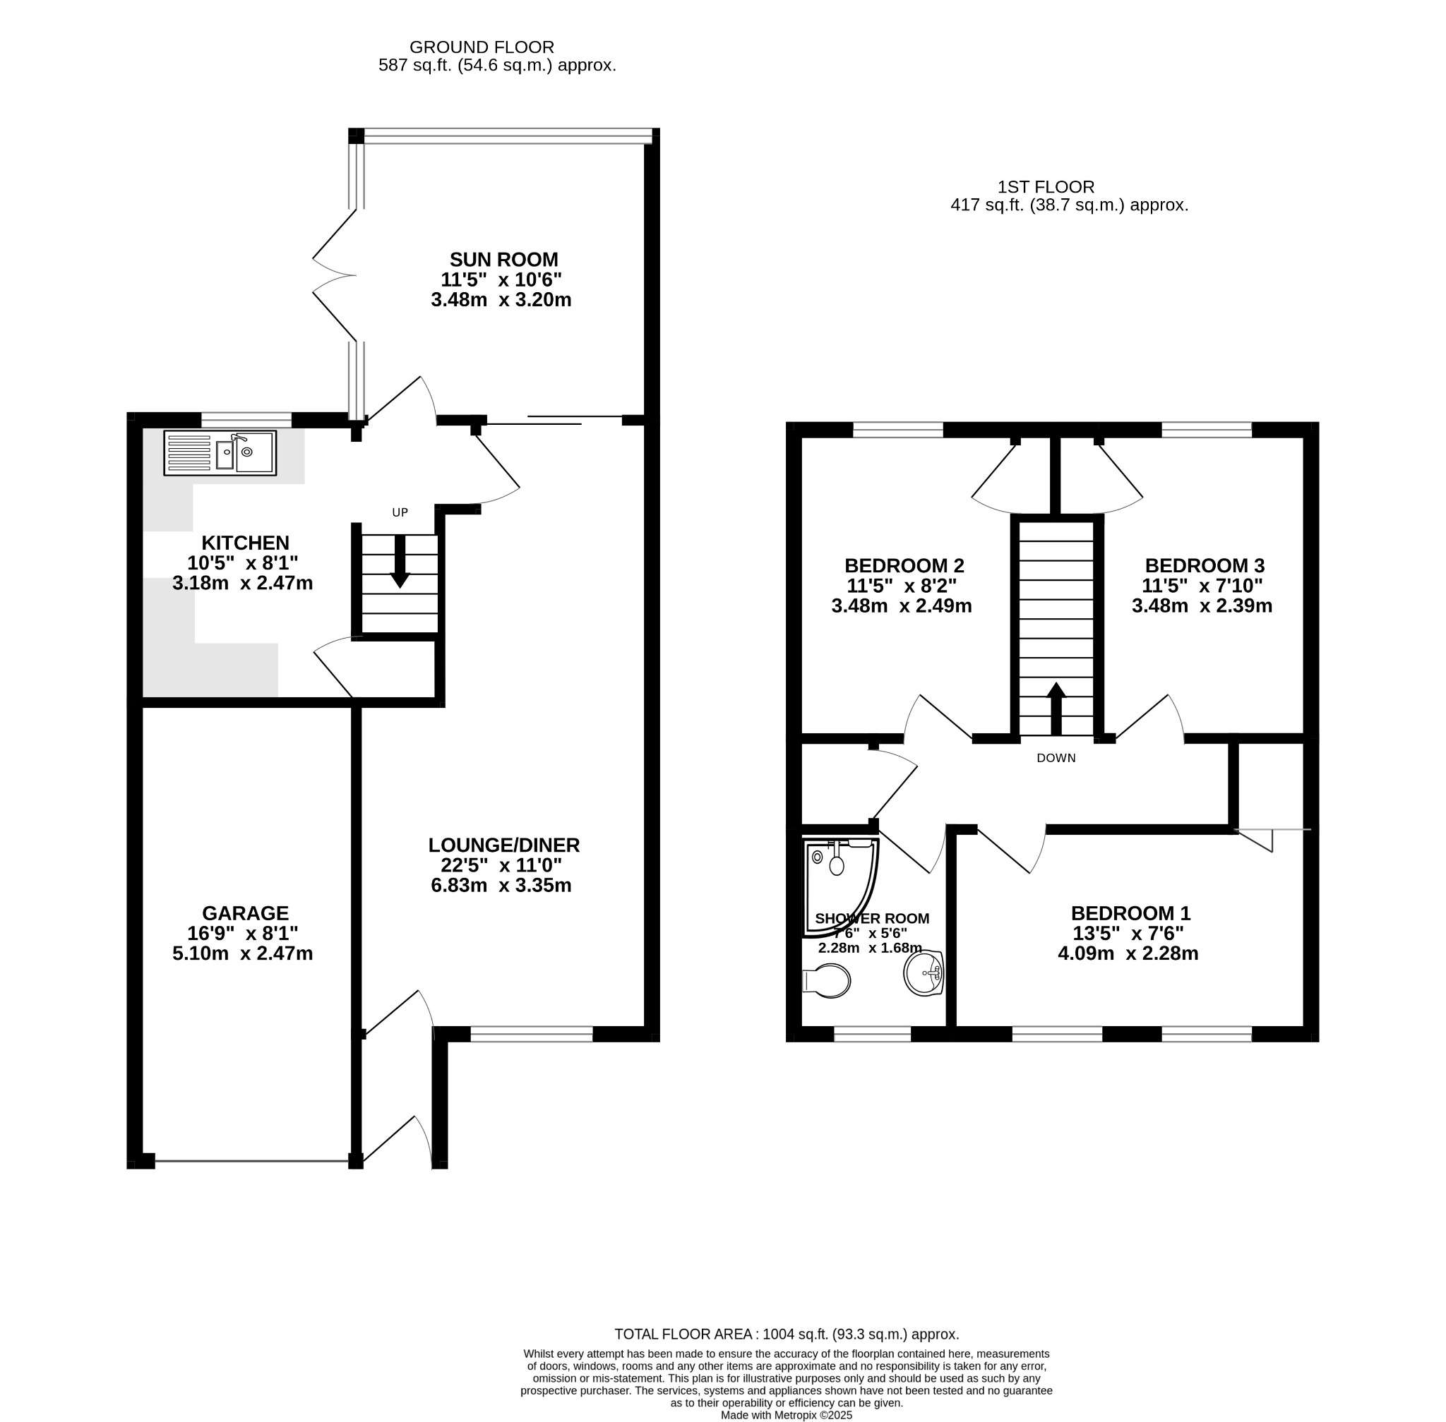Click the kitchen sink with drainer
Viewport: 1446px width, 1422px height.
point(220,452)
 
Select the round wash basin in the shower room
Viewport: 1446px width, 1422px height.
point(924,973)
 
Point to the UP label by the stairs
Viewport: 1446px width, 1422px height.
point(400,512)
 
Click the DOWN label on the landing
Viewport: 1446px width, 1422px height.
point(1056,758)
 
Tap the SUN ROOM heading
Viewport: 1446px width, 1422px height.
point(503,260)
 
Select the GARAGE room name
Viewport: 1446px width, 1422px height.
point(245,913)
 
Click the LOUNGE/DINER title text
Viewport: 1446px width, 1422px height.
point(503,845)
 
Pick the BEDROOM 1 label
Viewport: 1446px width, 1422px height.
point(1130,913)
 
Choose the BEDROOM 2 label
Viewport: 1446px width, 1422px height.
point(904,565)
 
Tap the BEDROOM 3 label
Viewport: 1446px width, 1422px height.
point(1205,565)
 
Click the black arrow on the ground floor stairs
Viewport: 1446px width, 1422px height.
point(400,561)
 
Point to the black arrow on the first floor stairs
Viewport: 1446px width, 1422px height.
point(1056,709)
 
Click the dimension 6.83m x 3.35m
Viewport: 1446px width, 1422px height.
point(501,886)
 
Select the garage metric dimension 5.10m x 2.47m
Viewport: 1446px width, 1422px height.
point(243,953)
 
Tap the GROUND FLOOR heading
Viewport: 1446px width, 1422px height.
point(482,48)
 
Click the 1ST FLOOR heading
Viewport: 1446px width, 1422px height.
point(1046,188)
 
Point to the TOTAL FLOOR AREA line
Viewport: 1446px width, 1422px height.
point(787,1334)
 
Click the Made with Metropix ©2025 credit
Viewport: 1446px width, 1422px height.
point(787,1415)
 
